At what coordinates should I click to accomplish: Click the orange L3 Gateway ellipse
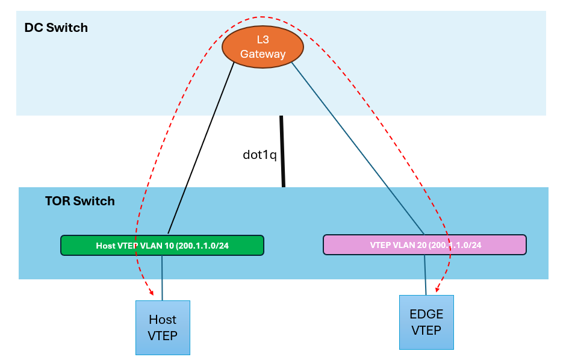coord(262,47)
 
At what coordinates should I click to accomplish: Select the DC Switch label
coord(56,28)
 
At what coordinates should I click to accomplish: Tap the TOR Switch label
coord(79,200)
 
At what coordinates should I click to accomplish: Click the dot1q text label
coord(260,155)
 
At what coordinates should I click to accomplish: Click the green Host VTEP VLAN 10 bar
coord(162,246)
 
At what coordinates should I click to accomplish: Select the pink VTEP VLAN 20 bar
coord(424,244)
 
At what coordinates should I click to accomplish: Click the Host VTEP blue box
coord(163,327)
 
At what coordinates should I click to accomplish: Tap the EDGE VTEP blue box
coord(426,322)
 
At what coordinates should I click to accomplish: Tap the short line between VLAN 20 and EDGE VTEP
coord(425,275)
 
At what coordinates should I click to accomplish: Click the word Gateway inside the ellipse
coord(263,54)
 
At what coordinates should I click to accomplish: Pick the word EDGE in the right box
coord(426,314)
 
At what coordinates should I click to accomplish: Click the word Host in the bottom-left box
coord(163,320)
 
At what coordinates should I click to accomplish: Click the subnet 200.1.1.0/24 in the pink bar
coord(455,245)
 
